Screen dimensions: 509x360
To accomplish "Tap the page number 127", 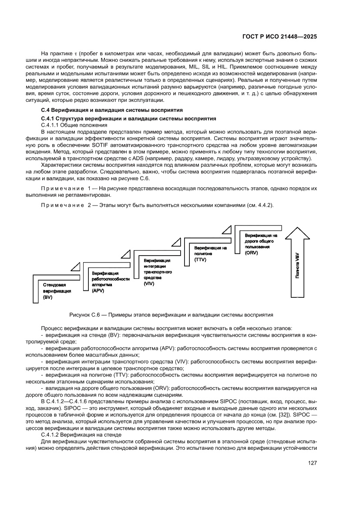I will pos(312,463).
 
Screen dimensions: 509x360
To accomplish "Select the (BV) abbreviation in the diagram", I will pos(48,297).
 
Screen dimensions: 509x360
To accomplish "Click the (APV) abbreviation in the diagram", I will pos(98,290).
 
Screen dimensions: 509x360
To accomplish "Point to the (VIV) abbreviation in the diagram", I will pos(149,283).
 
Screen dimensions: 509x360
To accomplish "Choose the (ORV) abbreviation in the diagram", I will pos(252,253).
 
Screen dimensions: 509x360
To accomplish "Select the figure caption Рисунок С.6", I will pos(171,314).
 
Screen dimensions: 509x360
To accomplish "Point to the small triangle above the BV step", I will pos(76,266).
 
